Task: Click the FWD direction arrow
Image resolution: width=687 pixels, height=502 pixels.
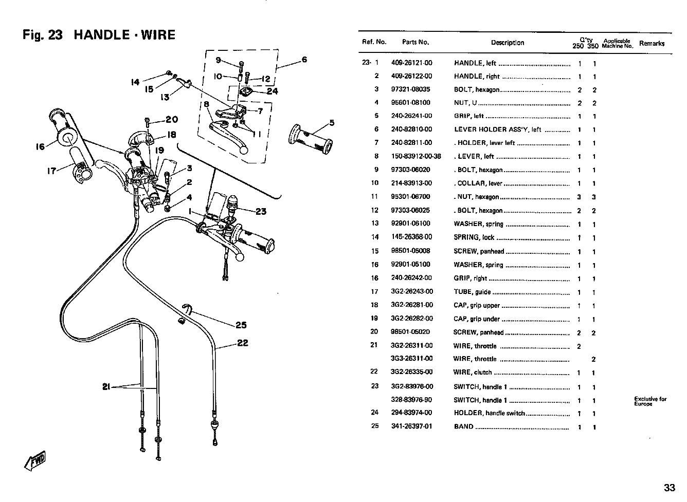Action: (34, 460)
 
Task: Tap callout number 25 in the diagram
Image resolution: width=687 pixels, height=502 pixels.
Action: (241, 325)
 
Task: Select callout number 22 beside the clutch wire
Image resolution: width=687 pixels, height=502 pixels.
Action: (242, 343)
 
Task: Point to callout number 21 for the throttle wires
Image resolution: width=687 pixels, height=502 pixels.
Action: (106, 387)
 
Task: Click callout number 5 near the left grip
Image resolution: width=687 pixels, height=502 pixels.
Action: (332, 123)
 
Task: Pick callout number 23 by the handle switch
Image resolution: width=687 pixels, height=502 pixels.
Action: (261, 212)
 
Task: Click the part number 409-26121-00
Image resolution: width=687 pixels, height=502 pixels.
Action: (411, 63)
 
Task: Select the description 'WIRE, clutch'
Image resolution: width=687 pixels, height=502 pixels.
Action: (472, 373)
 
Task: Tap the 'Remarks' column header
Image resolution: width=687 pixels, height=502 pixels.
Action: (652, 44)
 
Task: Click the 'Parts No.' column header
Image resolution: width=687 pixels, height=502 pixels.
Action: (415, 42)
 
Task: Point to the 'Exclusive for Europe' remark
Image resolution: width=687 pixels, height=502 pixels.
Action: (650, 401)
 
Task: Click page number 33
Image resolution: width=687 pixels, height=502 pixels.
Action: (670, 488)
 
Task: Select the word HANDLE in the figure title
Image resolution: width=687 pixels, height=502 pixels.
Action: (102, 35)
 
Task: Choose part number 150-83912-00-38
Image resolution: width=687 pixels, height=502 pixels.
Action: (416, 156)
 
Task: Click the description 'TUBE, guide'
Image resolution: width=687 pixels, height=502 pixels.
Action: (472, 292)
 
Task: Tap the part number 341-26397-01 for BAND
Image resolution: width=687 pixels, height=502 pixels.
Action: (411, 426)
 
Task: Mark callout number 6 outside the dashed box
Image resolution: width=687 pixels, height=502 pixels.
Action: (304, 60)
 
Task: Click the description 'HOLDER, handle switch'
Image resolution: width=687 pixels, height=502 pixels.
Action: (489, 413)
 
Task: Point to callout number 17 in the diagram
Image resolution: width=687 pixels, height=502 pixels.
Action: (51, 171)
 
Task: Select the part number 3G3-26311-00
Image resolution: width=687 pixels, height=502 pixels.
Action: (411, 359)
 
